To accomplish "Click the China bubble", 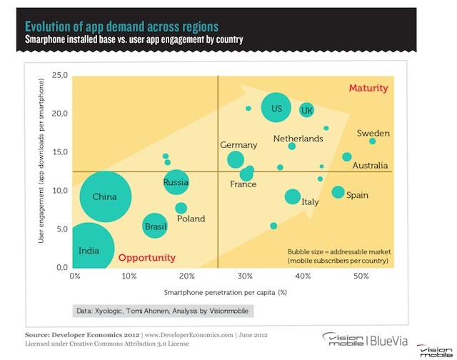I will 104,198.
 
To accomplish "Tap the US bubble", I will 276,109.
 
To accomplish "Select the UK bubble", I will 306,110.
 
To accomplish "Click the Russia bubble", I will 176,182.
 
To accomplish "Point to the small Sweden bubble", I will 373,141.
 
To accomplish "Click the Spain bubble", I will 338,192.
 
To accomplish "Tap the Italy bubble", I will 293,196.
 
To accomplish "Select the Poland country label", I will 191,219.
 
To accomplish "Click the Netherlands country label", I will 298,138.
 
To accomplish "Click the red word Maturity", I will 368,89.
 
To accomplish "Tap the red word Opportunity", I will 146,258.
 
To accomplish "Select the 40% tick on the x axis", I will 303,276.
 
